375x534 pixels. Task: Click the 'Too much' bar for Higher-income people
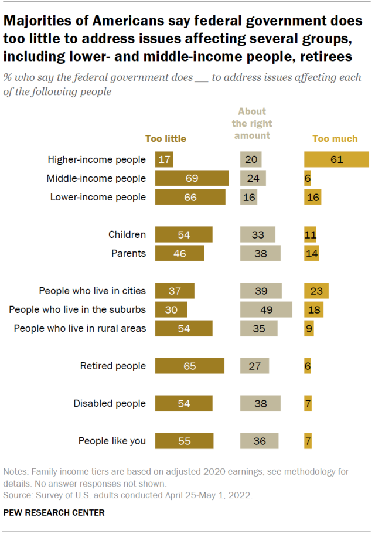tap(336, 159)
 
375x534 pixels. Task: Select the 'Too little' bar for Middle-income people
tap(192, 178)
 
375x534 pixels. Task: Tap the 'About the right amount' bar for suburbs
tap(266, 309)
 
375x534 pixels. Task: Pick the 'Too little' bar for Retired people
tap(189, 366)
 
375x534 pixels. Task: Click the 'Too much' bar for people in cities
tap(316, 291)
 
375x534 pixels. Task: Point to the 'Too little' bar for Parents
tap(179, 253)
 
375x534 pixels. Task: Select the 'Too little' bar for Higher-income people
tap(164, 159)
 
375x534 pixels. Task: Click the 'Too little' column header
tap(166, 139)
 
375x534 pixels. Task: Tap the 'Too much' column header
tap(335, 139)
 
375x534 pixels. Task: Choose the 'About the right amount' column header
tap(252, 123)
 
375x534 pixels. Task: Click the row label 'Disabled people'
tap(109, 403)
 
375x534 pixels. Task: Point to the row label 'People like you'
tap(112, 441)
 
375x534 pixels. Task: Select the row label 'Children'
tap(127, 234)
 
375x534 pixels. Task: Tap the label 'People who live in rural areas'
tap(80, 328)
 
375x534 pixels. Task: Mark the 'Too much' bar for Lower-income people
tap(313, 197)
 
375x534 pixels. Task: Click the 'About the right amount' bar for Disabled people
tap(260, 403)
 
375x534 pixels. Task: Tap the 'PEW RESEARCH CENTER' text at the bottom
tap(54, 513)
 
